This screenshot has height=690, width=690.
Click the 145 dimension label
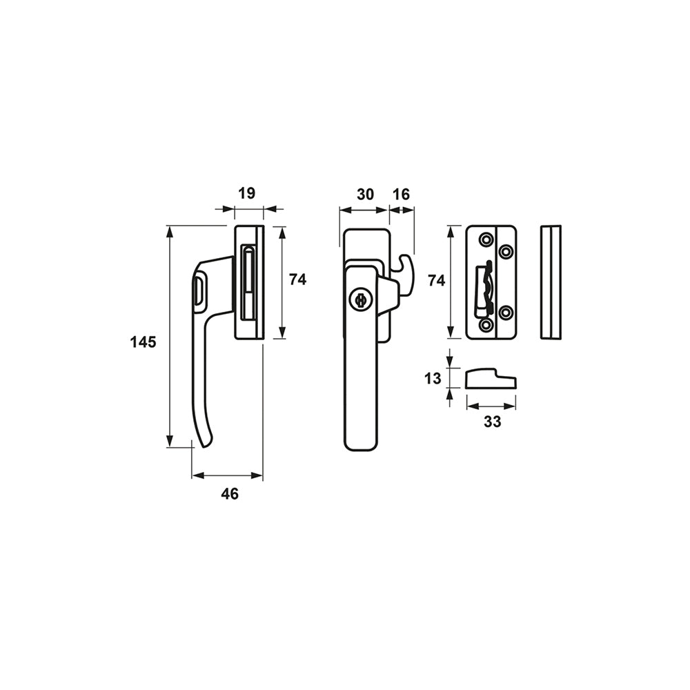(143, 342)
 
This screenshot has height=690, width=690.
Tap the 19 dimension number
(246, 193)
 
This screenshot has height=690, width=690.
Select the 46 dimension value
(230, 494)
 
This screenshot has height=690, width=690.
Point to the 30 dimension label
(365, 194)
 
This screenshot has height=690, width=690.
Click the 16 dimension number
(400, 194)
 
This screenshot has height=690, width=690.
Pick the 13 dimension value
(433, 378)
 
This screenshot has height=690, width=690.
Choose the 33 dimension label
(492, 422)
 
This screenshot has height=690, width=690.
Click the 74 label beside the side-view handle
(297, 279)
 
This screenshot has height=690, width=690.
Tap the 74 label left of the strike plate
(437, 280)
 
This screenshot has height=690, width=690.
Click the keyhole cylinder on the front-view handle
(359, 301)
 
